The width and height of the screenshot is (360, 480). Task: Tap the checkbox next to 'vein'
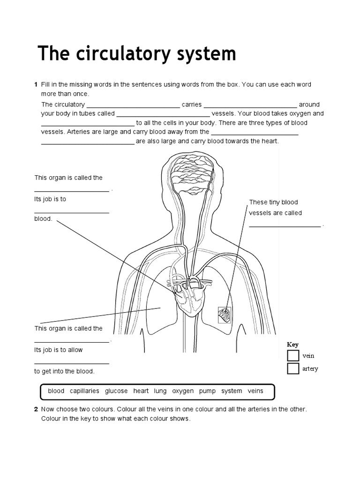pos(293,356)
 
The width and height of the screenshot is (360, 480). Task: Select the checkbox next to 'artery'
pos(293,368)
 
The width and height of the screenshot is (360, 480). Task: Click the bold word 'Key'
pos(292,345)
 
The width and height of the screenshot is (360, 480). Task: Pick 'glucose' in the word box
pos(116,391)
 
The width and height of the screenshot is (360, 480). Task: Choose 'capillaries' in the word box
pos(84,391)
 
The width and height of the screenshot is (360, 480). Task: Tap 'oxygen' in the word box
pos(182,391)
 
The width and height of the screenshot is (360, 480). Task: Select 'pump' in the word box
pos(207,391)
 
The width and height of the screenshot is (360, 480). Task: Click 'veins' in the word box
pos(255,391)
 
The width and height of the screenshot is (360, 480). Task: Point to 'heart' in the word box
pos(141,391)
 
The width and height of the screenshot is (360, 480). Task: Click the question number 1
pos(36,84)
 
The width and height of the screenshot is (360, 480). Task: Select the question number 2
pos(36,409)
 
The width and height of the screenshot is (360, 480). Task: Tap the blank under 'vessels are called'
pos(285,225)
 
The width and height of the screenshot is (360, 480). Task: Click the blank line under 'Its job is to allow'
pos(72,363)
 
